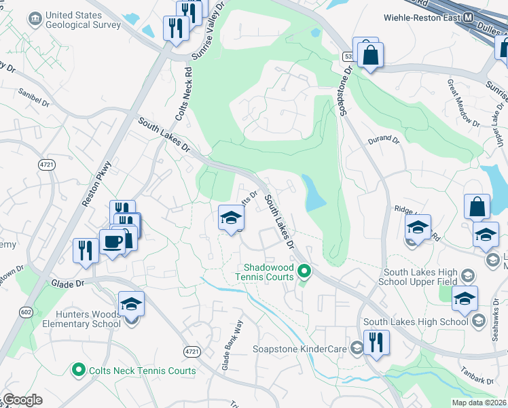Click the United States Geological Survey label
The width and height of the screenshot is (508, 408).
[83, 20]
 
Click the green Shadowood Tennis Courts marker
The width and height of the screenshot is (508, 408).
[305, 272]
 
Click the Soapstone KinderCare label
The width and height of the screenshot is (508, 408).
[300, 349]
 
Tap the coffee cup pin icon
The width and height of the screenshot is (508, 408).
[111, 241]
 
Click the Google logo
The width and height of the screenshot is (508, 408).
[22, 400]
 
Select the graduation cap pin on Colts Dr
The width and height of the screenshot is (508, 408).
[231, 218]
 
